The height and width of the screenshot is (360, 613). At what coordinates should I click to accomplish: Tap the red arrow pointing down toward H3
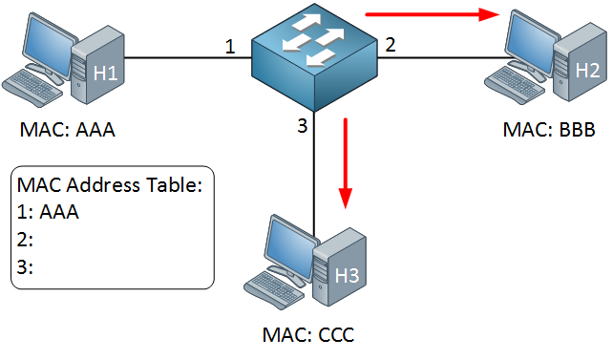(x=347, y=162)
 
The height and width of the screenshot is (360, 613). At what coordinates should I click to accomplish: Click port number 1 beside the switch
(x=229, y=46)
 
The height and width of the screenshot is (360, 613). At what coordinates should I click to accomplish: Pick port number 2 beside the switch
(x=390, y=45)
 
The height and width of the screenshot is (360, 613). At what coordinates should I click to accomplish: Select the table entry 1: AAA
(x=49, y=213)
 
